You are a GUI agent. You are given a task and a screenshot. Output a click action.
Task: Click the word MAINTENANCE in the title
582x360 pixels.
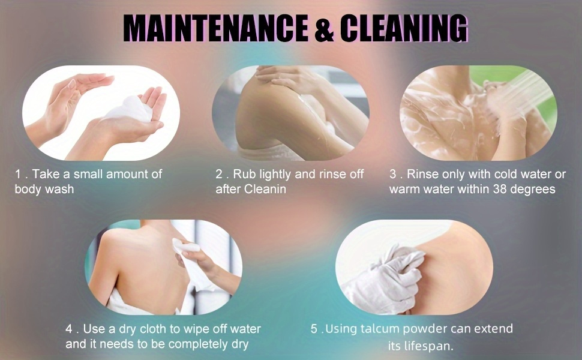pyautogui.click(x=215, y=29)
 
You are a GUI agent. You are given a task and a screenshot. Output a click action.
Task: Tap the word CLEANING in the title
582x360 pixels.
pyautogui.click(x=403, y=29)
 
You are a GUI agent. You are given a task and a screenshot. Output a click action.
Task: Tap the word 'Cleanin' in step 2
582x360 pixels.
pyautogui.click(x=265, y=189)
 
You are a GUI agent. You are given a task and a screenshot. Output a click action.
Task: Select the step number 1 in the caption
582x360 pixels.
pyautogui.click(x=17, y=174)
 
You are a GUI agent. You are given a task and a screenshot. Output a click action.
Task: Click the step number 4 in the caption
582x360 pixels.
pyautogui.click(x=69, y=329)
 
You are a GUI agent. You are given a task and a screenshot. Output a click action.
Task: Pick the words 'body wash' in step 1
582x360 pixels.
pyautogui.click(x=44, y=189)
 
